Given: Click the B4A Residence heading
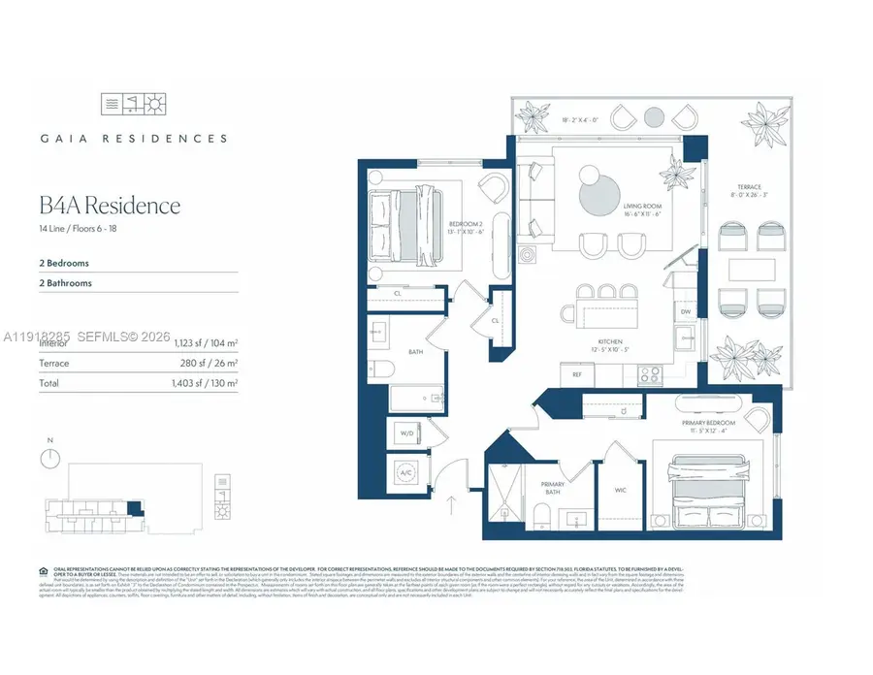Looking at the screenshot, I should [110, 206].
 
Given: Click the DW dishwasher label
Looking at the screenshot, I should [685, 311].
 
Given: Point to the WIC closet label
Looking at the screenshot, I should [620, 490].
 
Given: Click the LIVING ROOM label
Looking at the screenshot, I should [641, 206].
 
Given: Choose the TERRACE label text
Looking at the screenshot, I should [748, 186].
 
